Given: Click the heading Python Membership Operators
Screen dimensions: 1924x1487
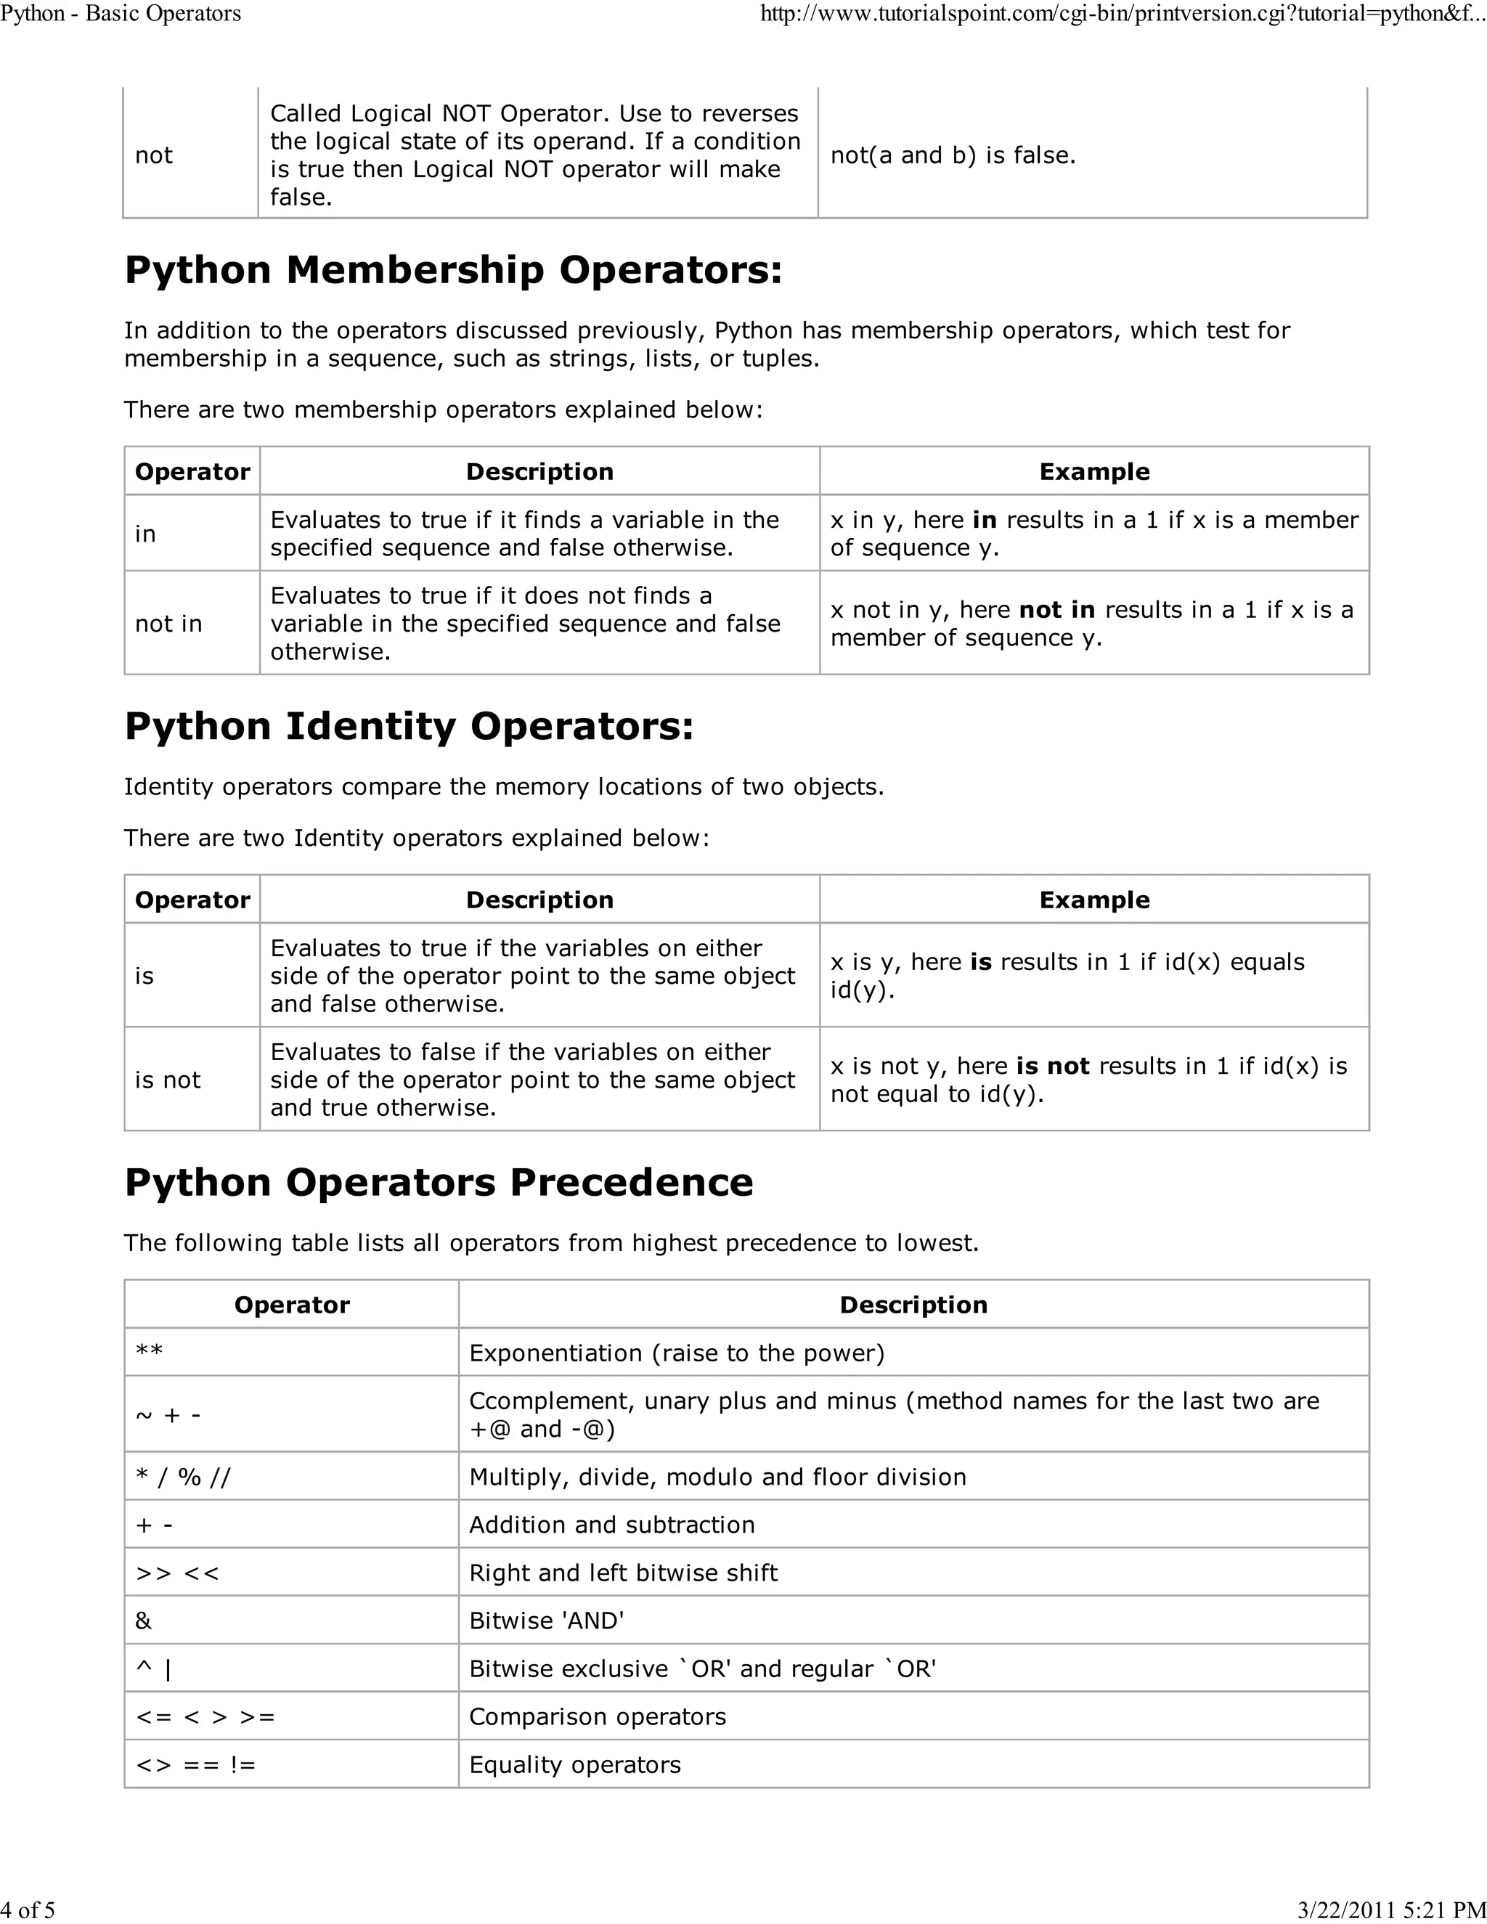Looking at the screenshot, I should click(x=453, y=269).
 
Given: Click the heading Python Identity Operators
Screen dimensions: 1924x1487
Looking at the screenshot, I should click(x=409, y=726).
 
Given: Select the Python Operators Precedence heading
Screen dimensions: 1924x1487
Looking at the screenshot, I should click(x=439, y=1182).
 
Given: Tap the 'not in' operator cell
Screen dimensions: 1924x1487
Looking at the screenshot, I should click(x=168, y=624).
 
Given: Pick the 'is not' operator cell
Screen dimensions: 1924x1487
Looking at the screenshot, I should click(x=168, y=1080).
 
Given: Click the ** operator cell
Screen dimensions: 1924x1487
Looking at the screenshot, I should click(x=150, y=1353).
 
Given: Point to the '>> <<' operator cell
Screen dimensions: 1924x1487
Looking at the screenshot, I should click(x=177, y=1573).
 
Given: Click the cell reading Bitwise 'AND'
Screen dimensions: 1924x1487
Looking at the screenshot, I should click(x=546, y=1621).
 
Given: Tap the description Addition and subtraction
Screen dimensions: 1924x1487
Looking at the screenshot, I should click(x=611, y=1525).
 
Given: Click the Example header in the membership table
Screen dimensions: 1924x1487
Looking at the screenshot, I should click(x=1094, y=471).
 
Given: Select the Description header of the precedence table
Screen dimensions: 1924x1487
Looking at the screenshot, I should click(x=913, y=1305).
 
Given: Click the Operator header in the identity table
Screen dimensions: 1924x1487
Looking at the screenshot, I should click(x=192, y=900).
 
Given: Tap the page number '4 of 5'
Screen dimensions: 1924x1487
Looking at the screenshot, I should click(x=28, y=1910).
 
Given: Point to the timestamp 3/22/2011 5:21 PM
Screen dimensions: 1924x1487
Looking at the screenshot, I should click(x=1392, y=1910).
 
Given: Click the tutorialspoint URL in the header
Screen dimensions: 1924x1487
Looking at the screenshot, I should click(x=1123, y=13).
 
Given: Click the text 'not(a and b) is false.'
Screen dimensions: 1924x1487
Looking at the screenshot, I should click(x=953, y=155).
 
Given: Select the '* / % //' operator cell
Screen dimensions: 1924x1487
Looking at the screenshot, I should click(x=182, y=1477).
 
